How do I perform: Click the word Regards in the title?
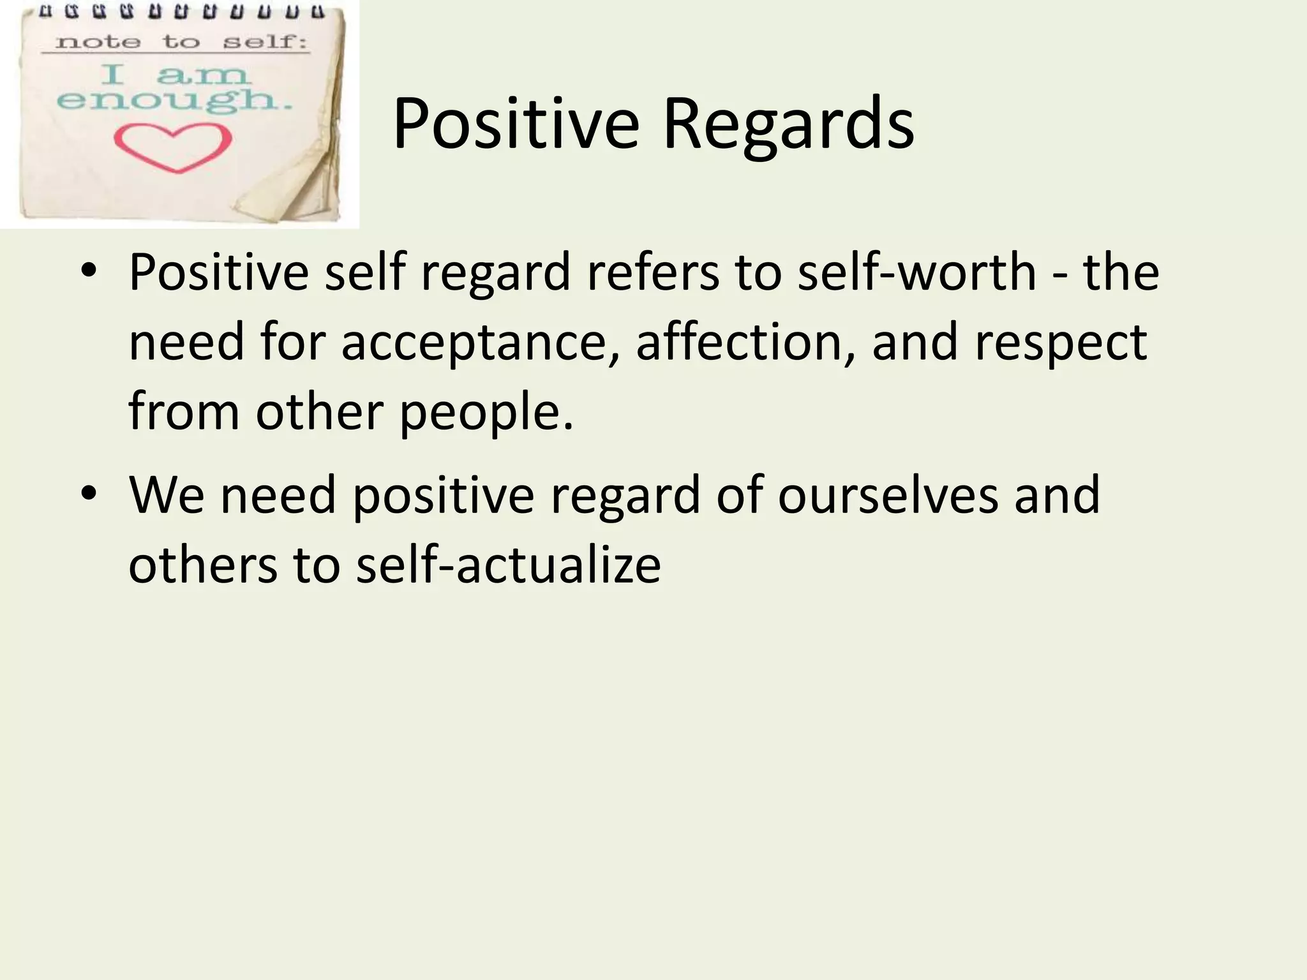coord(788,124)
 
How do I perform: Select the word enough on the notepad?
coord(174,101)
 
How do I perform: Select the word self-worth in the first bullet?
coord(917,272)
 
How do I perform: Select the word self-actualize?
coord(508,565)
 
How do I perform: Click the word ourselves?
coord(888,495)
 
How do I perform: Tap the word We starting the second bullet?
coord(166,495)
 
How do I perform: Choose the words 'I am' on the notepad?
coord(174,75)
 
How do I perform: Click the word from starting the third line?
coord(184,412)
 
